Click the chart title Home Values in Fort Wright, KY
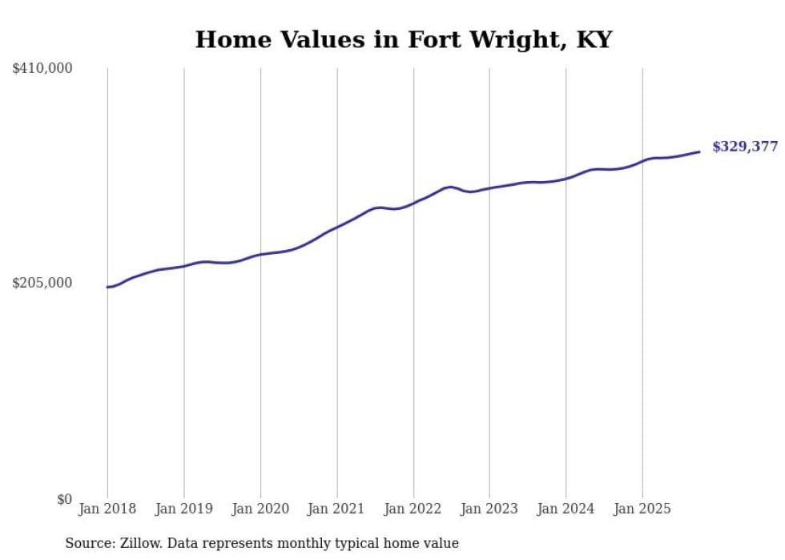point(403,40)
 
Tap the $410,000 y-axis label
point(42,69)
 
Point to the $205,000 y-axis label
point(42,283)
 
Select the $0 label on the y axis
point(64,499)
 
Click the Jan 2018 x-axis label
point(107,509)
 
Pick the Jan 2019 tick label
point(184,509)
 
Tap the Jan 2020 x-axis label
point(260,509)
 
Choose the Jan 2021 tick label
point(336,509)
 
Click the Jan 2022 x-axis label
point(413,509)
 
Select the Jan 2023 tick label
point(489,509)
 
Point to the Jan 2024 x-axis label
point(566,509)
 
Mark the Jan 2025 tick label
point(642,509)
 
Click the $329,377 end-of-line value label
point(744,147)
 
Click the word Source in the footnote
point(89,543)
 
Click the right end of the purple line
point(699,151)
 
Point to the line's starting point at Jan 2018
point(108,287)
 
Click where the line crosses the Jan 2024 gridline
point(566,178)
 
